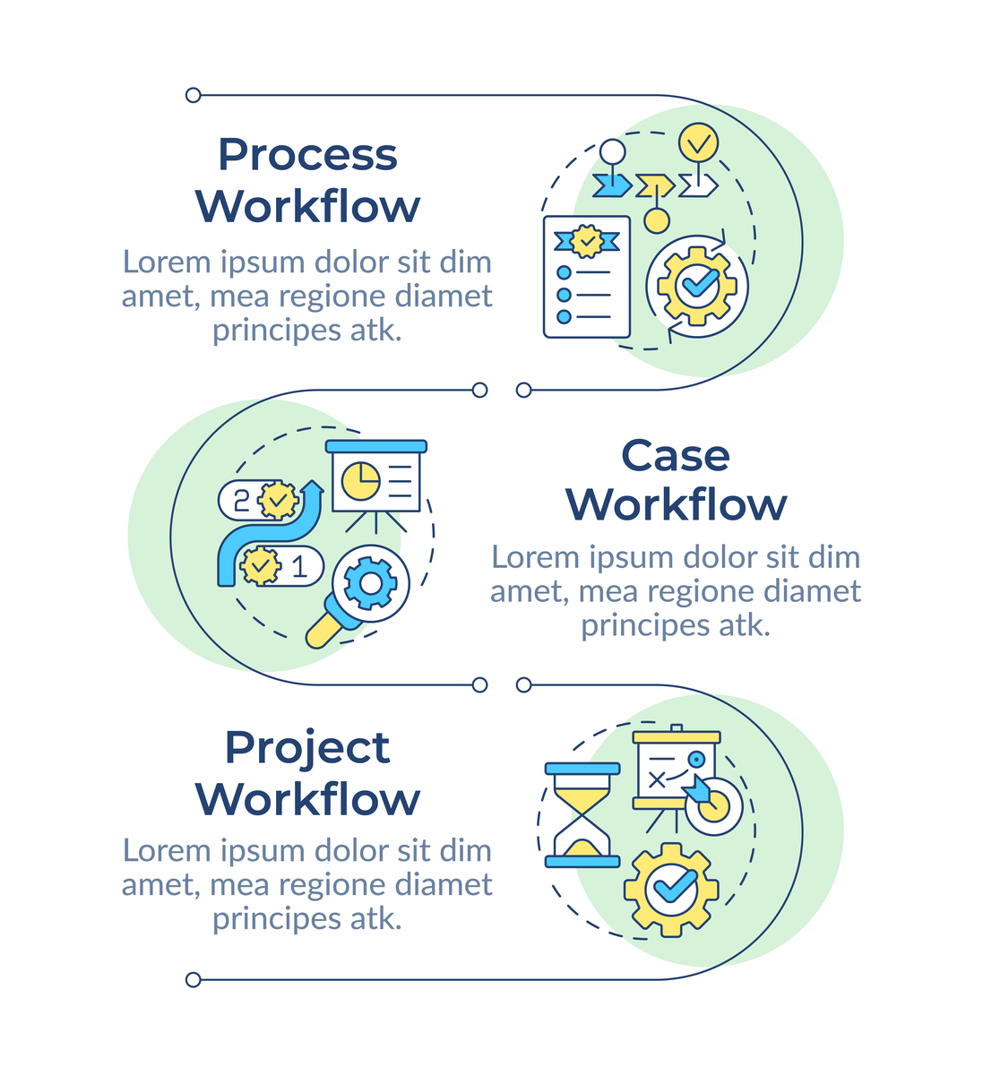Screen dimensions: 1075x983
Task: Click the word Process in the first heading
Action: pos(307,155)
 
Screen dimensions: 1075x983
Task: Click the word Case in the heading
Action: pos(675,455)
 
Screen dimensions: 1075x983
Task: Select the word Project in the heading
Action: pos(307,748)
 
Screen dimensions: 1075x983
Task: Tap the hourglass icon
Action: pos(582,815)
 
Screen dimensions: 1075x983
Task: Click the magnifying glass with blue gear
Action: pos(363,591)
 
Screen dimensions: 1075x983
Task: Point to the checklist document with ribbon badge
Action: pos(587,277)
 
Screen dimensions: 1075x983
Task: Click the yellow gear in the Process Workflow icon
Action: pos(697,286)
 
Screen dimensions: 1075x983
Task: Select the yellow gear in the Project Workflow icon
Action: pos(671,890)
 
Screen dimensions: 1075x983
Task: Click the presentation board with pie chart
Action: pos(376,479)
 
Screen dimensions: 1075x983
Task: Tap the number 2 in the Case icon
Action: pos(241,500)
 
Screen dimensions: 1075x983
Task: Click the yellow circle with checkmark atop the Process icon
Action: pos(697,142)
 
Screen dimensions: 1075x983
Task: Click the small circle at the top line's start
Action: pos(193,95)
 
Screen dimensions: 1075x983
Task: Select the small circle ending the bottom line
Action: pos(193,980)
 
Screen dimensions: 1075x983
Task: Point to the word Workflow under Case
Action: pos(677,505)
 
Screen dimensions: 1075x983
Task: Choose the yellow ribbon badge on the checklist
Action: pos(587,240)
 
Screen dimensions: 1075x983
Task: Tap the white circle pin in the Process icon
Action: pos(612,152)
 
